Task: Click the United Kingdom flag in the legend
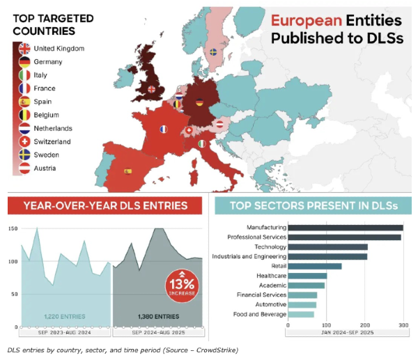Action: point(24,49)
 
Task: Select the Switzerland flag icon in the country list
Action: point(24,141)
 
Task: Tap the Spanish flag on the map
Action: point(128,171)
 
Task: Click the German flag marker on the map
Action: point(199,102)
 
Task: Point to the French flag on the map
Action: point(164,129)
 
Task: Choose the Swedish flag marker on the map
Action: point(213,52)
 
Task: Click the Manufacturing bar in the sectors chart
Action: point(346,228)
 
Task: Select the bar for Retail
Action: point(315,266)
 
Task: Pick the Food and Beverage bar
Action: point(301,315)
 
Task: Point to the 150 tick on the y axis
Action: point(13,228)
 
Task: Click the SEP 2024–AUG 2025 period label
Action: point(157,332)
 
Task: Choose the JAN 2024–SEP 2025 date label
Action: point(346,332)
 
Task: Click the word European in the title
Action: point(304,21)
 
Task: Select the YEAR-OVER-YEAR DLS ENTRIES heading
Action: point(105,205)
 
